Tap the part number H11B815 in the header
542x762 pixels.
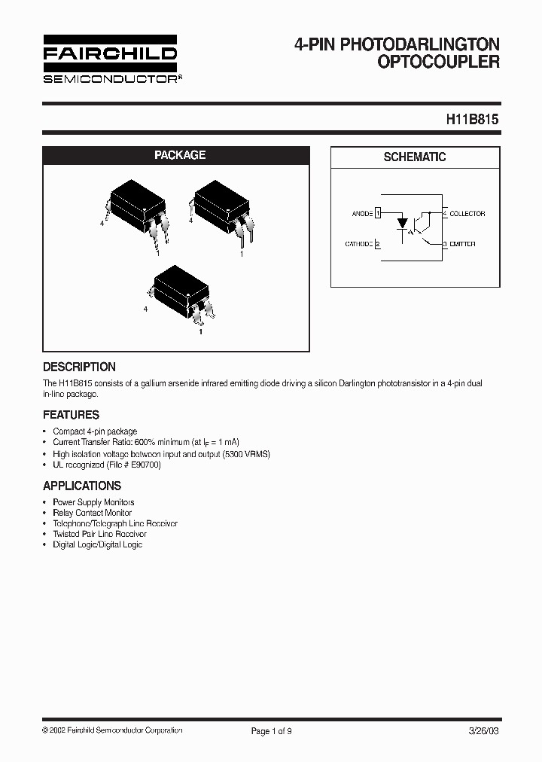tap(472, 119)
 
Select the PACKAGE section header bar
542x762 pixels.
tap(179, 155)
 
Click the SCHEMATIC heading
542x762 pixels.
tap(415, 157)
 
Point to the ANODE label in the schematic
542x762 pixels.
tap(362, 214)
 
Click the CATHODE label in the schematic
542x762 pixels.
tap(359, 244)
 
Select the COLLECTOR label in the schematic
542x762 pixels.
tap(467, 214)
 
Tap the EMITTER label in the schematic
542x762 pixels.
tap(462, 244)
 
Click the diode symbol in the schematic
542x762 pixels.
tap(403, 224)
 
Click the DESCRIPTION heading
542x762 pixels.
tap(79, 367)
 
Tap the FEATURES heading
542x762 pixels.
tap(71, 414)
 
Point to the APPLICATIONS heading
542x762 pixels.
tap(82, 486)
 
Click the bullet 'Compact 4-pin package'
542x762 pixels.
tap(95, 431)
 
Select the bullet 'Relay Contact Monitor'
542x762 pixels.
tap(92, 513)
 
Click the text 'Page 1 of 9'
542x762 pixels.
tap(270, 730)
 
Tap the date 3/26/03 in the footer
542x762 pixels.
tap(484, 730)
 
